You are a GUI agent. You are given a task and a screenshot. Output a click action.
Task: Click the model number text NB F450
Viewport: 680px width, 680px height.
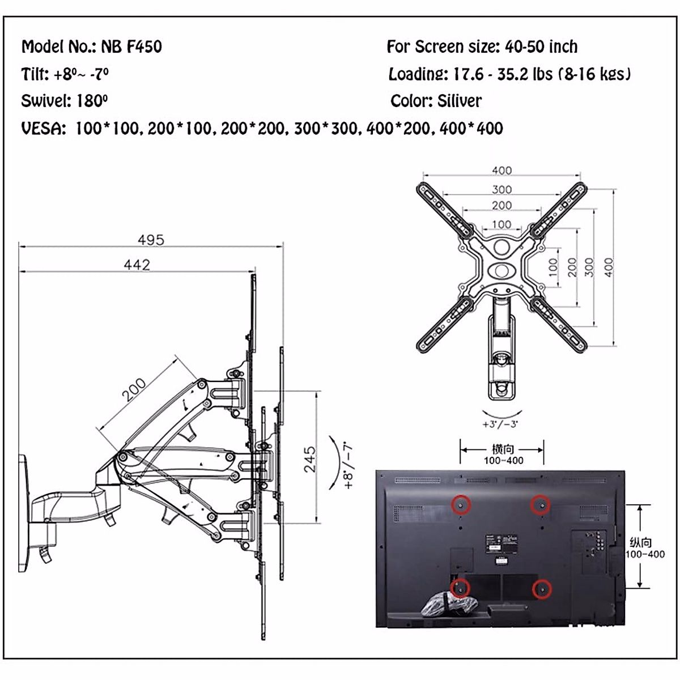[x=131, y=46]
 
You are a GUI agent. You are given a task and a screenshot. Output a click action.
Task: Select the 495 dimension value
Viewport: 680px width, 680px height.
[x=151, y=240]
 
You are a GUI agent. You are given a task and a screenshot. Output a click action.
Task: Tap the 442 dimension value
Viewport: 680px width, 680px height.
[x=137, y=265]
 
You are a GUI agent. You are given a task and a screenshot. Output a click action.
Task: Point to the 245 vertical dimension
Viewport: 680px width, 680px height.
[x=309, y=458]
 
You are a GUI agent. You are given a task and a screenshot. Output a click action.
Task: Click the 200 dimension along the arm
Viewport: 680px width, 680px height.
[x=134, y=390]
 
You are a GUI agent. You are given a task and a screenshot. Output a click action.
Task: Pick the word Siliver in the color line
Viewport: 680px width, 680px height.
[x=460, y=101]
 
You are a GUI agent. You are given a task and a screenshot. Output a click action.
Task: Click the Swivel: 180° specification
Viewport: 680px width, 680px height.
[x=64, y=101]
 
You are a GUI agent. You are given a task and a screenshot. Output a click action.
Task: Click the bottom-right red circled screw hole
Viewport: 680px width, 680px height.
[x=542, y=589]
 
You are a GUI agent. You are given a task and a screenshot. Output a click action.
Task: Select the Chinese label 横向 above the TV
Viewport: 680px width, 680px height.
[x=503, y=449]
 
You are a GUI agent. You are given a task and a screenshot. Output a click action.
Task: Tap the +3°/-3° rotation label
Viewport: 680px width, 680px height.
[x=500, y=424]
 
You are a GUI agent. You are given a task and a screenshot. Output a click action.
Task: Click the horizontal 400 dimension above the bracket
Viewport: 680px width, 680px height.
[x=501, y=171]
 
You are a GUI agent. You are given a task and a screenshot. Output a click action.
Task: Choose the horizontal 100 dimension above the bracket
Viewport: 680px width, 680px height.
[x=501, y=224]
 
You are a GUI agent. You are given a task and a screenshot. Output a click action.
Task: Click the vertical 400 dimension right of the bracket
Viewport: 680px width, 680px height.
[x=608, y=267]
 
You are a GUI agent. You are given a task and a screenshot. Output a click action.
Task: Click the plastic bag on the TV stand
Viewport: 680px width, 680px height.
[x=445, y=602]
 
